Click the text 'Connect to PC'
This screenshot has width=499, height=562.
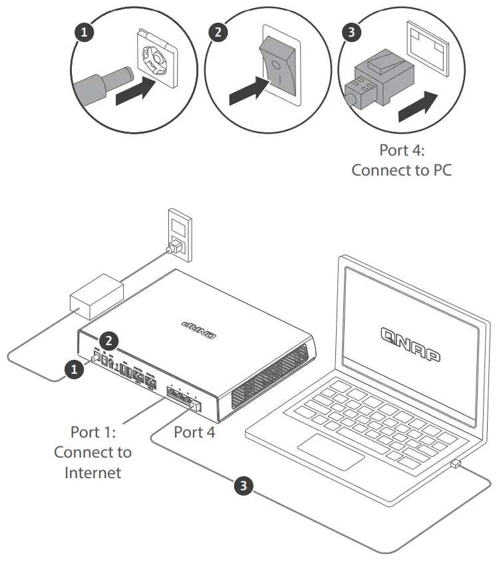click(x=401, y=170)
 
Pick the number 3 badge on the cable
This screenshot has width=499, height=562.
click(x=246, y=486)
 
